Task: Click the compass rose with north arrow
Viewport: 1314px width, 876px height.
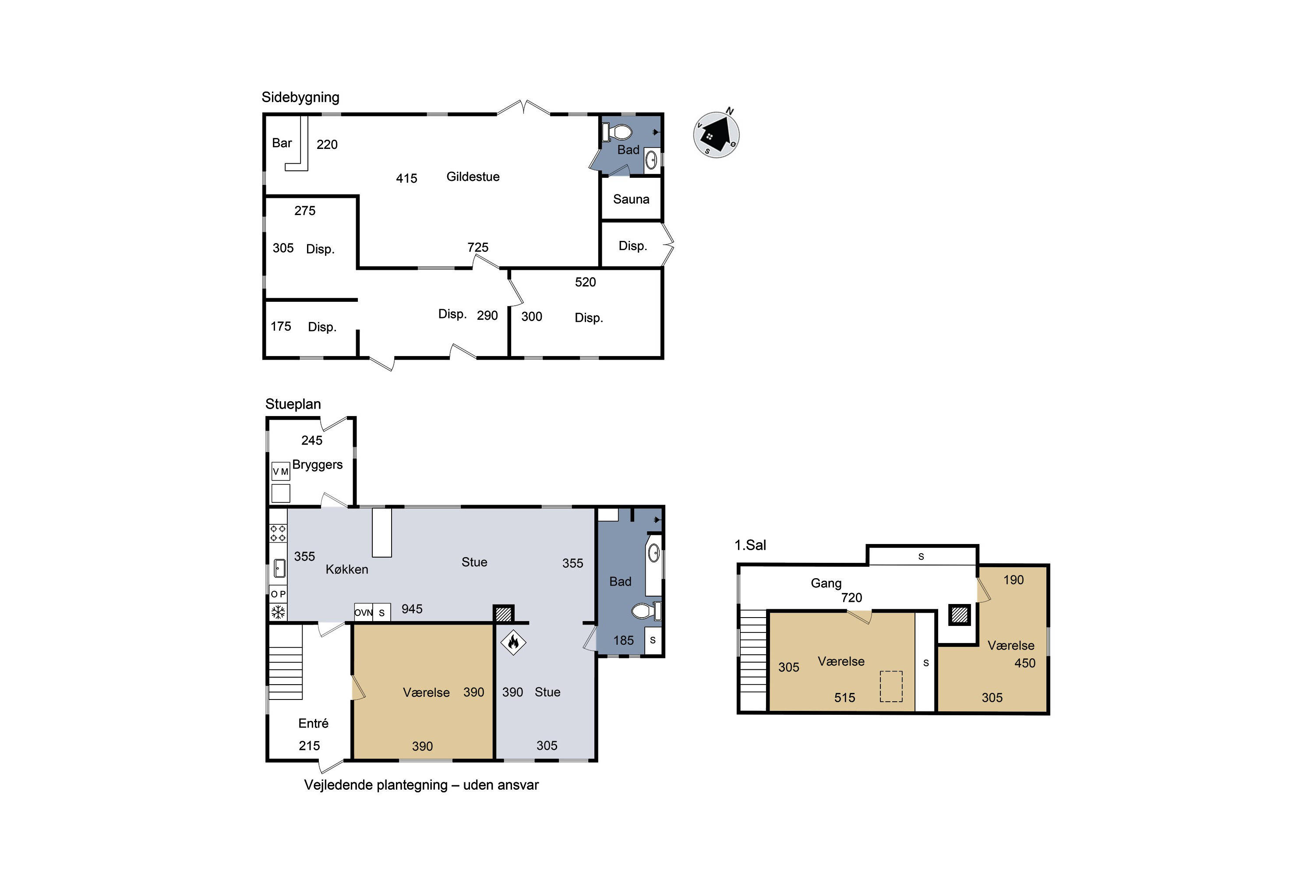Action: click(716, 134)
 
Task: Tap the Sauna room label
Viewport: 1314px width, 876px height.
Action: click(631, 199)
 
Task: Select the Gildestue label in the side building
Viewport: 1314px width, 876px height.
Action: click(473, 177)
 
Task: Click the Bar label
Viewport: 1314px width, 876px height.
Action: click(282, 143)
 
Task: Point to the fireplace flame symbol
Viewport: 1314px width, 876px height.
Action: click(513, 642)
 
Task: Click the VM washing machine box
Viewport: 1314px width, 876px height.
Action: click(280, 472)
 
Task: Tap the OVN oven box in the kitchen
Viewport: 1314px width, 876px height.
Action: click(363, 612)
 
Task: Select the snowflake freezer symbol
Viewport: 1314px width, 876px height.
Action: click(278, 612)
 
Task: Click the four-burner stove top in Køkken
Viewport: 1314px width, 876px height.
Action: click(278, 533)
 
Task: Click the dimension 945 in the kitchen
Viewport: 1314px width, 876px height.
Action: click(412, 609)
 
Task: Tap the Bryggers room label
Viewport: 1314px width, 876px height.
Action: click(317, 465)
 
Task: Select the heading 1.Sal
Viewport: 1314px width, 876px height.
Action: click(750, 545)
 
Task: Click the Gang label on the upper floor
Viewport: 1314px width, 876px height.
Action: click(826, 583)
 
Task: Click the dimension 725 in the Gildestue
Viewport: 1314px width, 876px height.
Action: click(478, 247)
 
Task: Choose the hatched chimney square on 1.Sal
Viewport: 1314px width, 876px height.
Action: click(959, 615)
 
